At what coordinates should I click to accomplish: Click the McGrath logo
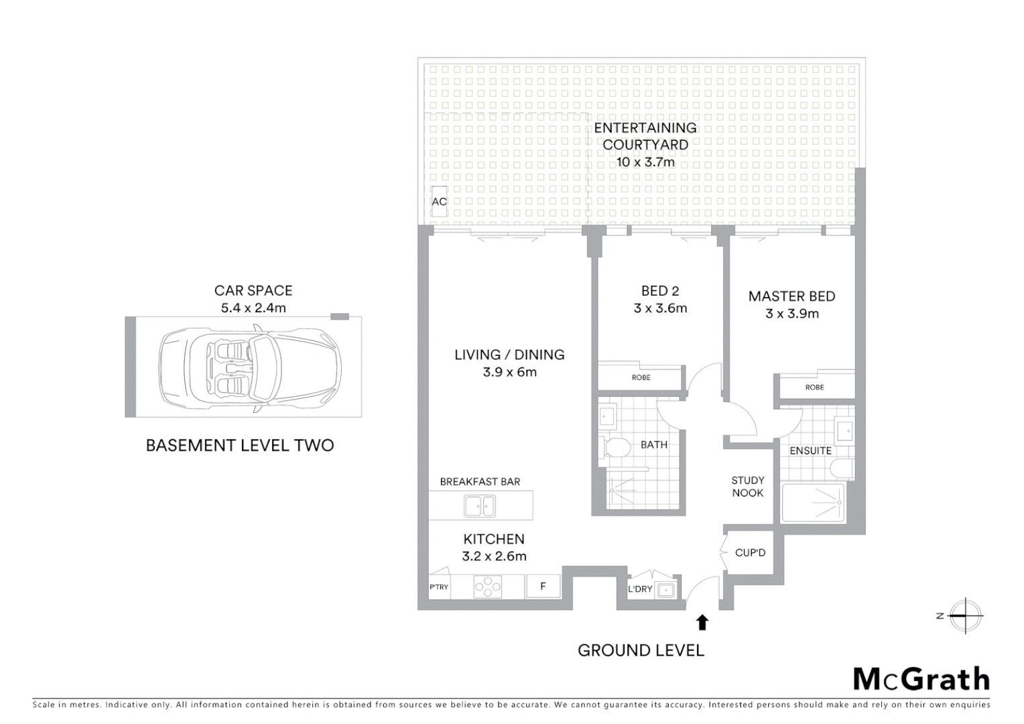[x=921, y=679]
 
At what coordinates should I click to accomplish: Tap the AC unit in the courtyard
[x=439, y=202]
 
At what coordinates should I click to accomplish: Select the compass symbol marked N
[x=965, y=615]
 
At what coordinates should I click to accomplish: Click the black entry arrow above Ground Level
[x=702, y=623]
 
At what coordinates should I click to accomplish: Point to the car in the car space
[x=249, y=367]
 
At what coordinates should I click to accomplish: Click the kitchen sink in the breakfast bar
[x=480, y=506]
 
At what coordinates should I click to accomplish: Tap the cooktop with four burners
[x=487, y=587]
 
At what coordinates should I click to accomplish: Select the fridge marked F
[x=543, y=587]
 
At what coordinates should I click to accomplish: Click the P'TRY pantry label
[x=439, y=587]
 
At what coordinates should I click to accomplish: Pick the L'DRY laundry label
[x=640, y=589]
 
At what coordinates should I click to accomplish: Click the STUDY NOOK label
[x=748, y=487]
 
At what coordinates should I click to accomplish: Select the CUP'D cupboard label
[x=750, y=552]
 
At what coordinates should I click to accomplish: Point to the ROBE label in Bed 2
[x=641, y=377]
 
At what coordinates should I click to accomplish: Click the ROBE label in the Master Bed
[x=814, y=387]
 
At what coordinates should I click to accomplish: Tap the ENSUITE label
[x=810, y=451]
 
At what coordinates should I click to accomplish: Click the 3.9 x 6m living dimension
[x=509, y=372]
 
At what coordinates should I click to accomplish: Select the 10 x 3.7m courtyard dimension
[x=645, y=162]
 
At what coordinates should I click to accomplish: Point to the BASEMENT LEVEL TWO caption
[x=240, y=446]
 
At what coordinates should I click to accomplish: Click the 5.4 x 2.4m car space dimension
[x=253, y=308]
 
